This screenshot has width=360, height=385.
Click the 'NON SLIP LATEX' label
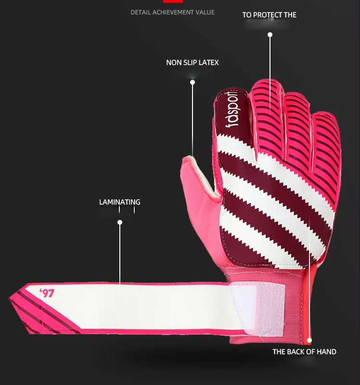193,63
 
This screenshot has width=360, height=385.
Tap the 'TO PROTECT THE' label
269,15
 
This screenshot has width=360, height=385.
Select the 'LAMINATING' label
120,202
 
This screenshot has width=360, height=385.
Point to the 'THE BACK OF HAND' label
304,352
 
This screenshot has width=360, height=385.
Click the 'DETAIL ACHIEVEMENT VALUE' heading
172,12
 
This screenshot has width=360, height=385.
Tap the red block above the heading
173,1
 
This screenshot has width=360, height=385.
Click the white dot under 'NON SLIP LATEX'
193,82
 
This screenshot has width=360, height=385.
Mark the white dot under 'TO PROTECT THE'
270,35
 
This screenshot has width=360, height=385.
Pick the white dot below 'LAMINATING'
120,222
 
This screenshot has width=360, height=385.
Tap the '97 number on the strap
47,293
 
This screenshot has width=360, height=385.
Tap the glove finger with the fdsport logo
231,115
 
